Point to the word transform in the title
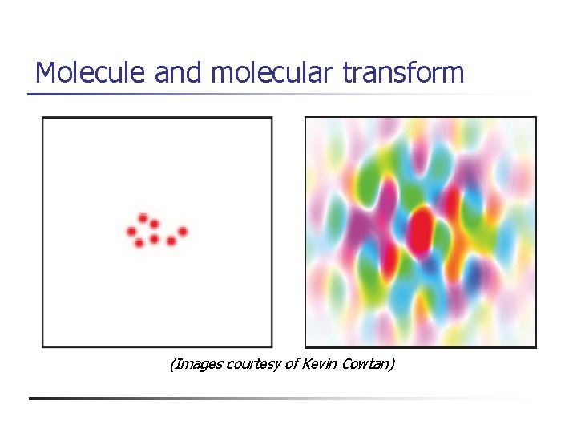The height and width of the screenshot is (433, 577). tap(403, 73)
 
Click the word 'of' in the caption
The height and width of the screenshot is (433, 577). tap(292, 365)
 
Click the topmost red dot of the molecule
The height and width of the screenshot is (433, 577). tap(143, 217)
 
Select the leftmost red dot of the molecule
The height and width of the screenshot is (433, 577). tap(131, 232)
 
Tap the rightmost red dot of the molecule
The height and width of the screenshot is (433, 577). tap(183, 231)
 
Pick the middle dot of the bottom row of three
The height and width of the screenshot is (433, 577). tap(154, 239)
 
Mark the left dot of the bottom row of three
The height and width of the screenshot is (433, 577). tap(139, 242)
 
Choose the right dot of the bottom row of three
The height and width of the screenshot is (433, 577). tap(171, 241)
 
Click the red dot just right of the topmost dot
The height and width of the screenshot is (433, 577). tap(154, 224)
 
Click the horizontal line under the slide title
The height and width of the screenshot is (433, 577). tap(280, 95)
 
